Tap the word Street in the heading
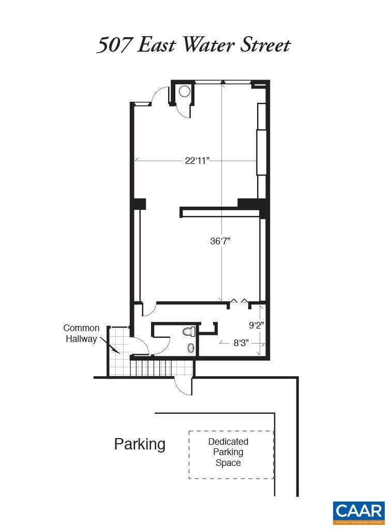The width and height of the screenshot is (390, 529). click(264, 45)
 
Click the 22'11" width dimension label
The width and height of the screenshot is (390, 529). click(197, 161)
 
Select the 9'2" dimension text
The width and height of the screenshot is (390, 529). click(257, 325)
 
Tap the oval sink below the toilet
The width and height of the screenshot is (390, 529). click(191, 348)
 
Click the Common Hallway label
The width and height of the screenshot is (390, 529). click(81, 334)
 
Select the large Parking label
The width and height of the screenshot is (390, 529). click(140, 444)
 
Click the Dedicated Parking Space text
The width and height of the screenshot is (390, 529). click(228, 452)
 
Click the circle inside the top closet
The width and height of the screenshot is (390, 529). click(185, 92)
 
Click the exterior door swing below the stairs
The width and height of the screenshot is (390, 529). click(184, 385)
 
